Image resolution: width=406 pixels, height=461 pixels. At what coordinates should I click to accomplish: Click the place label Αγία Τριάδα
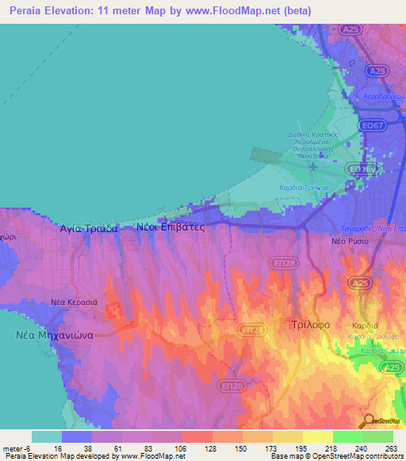(x=89, y=227)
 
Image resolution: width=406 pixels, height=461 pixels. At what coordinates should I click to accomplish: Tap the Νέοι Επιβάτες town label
(x=170, y=227)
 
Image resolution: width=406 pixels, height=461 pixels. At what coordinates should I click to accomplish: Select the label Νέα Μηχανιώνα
(x=56, y=334)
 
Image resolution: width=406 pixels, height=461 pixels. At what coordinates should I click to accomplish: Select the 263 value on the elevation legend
(x=391, y=449)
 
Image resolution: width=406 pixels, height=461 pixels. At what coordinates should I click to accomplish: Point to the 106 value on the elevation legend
(x=180, y=449)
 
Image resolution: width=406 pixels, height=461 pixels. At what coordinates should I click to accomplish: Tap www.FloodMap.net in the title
(x=243, y=11)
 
